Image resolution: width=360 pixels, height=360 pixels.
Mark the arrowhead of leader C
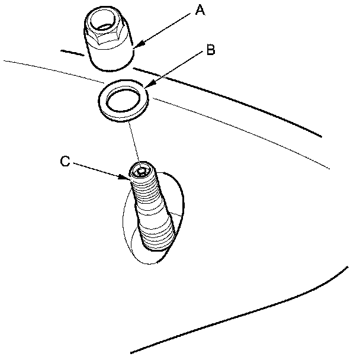tap(128, 177)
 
